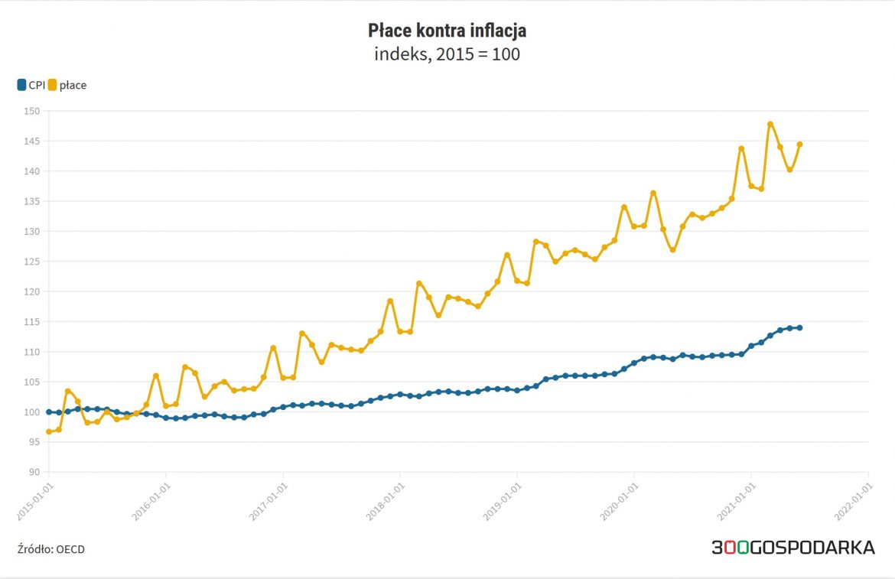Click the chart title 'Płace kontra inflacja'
[447, 31]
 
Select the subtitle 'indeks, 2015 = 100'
[447, 55]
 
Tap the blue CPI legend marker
[21, 85]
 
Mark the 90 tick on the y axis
[33, 472]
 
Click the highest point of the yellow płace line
[770, 124]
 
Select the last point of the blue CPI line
[799, 327]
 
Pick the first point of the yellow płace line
[49, 431]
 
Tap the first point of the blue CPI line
[49, 411]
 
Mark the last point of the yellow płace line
[799, 144]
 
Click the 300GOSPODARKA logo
[792, 548]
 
